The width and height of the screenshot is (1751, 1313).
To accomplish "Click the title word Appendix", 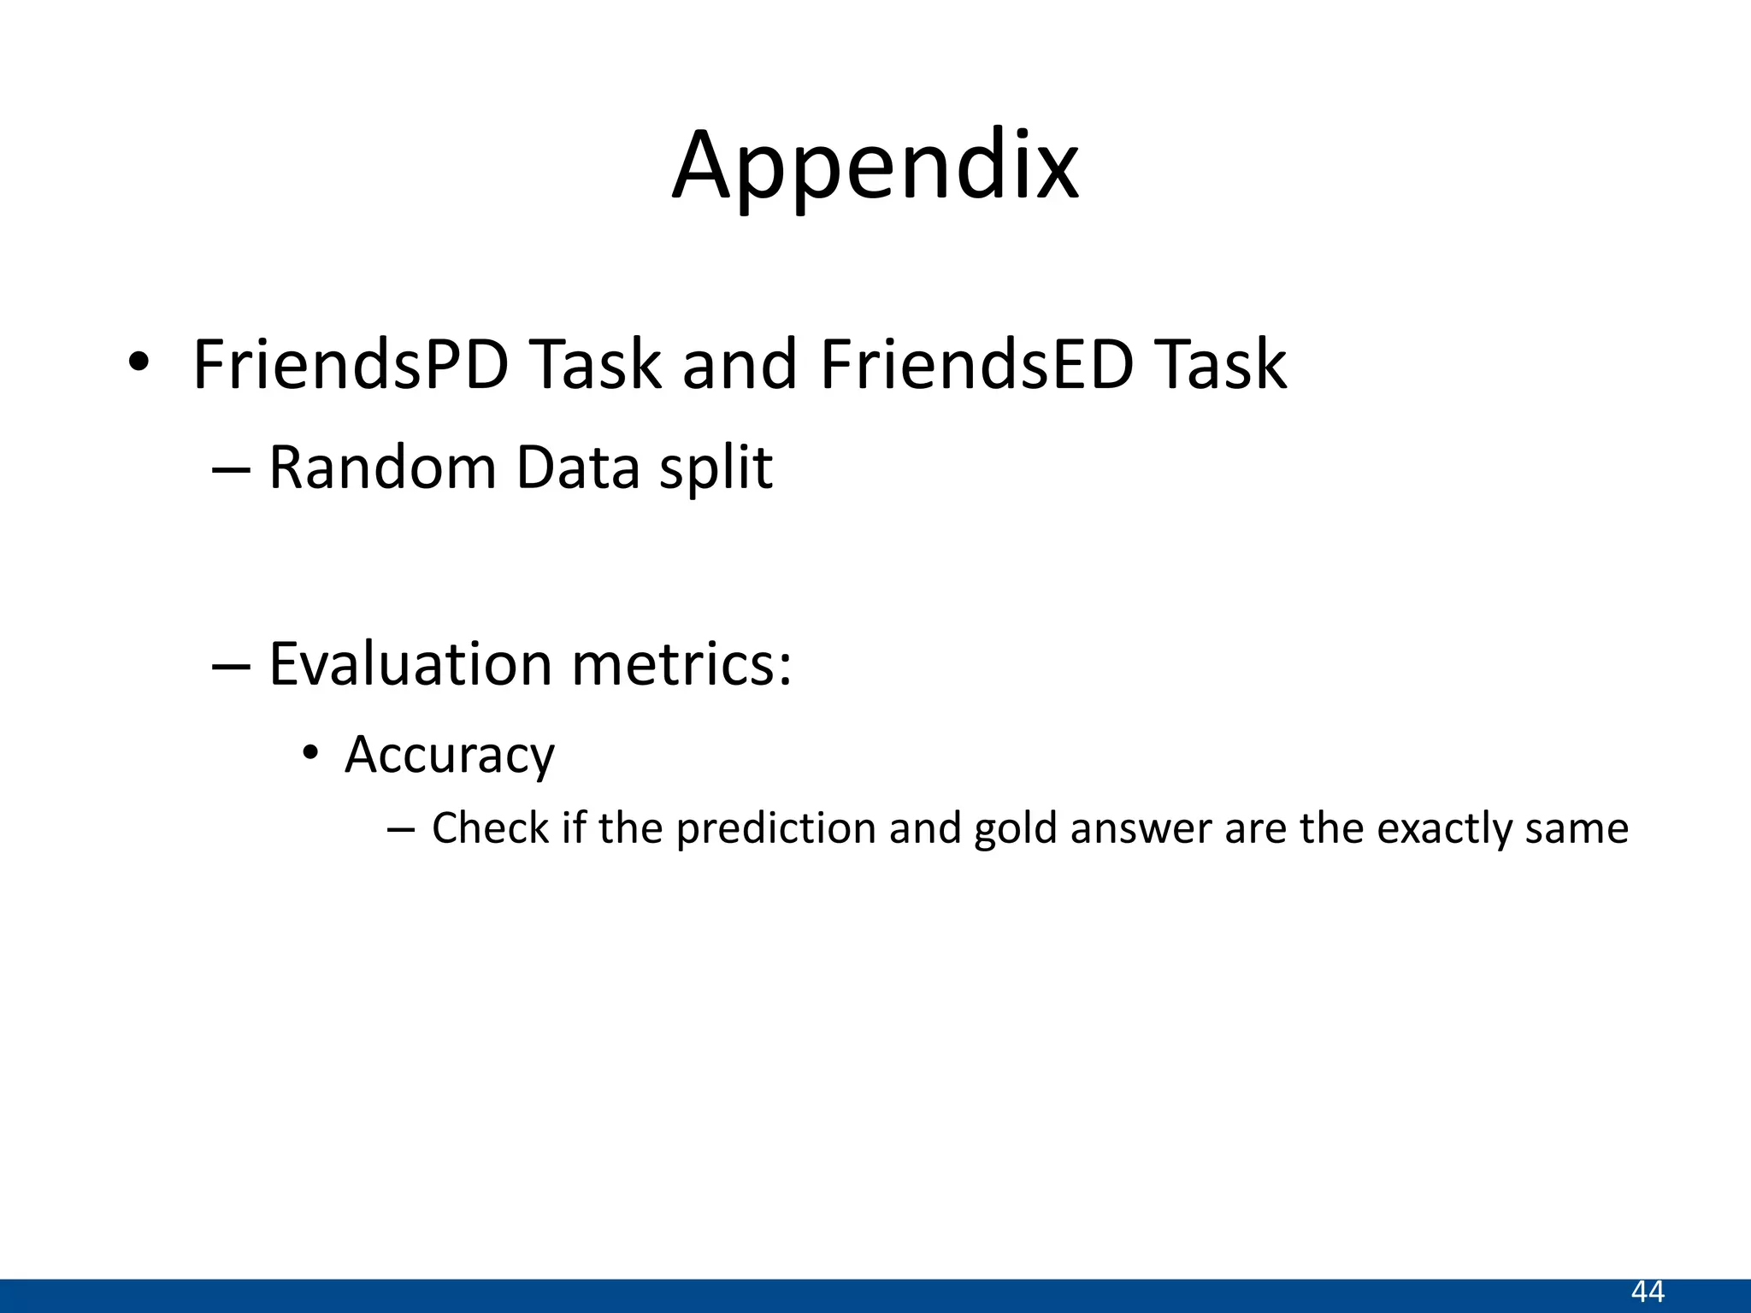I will (875, 167).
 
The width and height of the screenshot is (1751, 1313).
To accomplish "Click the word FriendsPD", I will (351, 365).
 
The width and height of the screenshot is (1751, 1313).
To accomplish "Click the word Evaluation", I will (410, 665).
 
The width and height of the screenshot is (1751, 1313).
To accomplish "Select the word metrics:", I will (681, 665).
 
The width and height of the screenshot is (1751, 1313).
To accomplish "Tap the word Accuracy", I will (450, 756).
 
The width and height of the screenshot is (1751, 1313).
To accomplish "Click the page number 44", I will (1648, 1292).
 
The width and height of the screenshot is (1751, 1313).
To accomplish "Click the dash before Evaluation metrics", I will (231, 666).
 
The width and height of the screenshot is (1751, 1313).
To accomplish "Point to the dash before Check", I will (400, 829).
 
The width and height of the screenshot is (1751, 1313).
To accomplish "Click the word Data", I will (579, 468).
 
